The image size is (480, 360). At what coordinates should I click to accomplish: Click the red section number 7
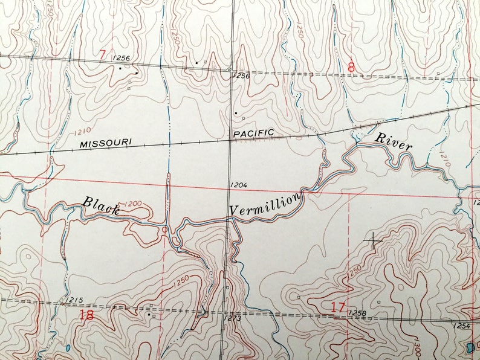(x=103, y=55)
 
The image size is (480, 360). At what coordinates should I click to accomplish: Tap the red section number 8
(x=351, y=67)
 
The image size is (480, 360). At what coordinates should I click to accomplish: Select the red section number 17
(x=338, y=307)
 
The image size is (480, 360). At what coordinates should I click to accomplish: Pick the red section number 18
(x=87, y=314)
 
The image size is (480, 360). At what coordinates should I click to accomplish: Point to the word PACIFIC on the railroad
(x=254, y=133)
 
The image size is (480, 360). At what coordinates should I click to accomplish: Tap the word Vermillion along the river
(x=265, y=204)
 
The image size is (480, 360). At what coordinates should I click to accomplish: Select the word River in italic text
(x=394, y=141)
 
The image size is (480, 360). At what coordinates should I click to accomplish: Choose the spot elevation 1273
(x=233, y=317)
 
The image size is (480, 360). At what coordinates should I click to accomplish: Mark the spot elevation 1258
(x=358, y=313)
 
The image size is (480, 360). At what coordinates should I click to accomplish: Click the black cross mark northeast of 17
(x=373, y=240)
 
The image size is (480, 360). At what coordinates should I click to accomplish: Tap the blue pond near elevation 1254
(x=470, y=348)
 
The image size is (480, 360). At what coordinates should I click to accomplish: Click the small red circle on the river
(x=165, y=230)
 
